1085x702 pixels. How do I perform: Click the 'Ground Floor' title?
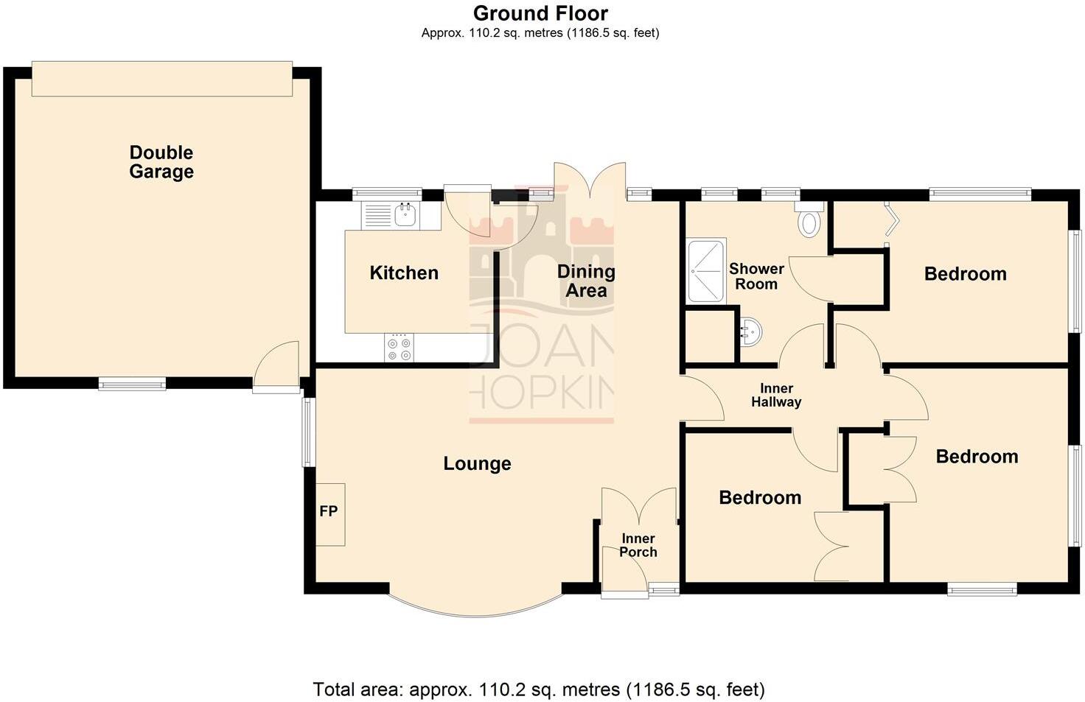click(x=540, y=13)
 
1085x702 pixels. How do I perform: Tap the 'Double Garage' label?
click(x=161, y=162)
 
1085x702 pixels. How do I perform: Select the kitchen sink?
click(x=405, y=215)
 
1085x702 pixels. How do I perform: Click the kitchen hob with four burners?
click(x=399, y=348)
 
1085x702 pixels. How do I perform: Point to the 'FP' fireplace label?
click(x=329, y=511)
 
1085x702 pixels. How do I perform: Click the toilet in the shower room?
click(x=809, y=220)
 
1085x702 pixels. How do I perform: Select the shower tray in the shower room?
click(x=707, y=270)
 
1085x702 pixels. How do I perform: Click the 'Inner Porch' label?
click(x=638, y=545)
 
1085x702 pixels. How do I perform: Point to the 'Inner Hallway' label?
click(x=776, y=395)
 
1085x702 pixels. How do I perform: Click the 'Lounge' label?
click(x=477, y=463)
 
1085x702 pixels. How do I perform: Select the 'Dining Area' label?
click(x=586, y=281)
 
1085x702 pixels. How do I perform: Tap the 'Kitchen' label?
click(x=404, y=273)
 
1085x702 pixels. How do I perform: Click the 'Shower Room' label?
click(x=756, y=276)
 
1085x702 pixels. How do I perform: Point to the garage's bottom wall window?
click(x=133, y=383)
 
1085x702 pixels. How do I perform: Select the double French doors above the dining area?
click(x=590, y=180)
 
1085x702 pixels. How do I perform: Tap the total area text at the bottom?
click(x=539, y=689)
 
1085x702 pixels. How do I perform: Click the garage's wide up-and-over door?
click(x=162, y=78)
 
